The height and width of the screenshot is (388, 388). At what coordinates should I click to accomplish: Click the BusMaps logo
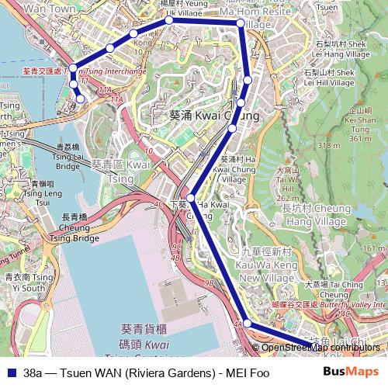(351, 372)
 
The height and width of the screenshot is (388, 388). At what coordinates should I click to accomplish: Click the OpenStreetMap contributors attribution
(321, 347)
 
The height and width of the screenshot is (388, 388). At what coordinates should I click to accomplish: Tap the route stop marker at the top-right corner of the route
(241, 24)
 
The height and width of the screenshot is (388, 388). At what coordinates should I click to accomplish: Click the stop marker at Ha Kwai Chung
(190, 199)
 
